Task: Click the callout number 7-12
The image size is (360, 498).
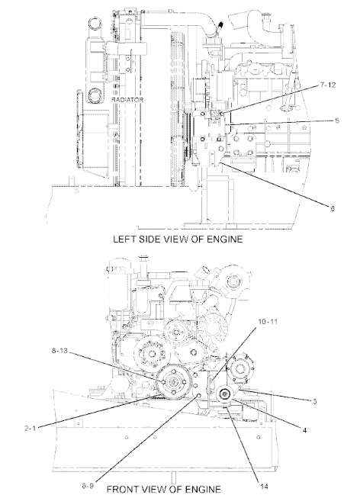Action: pos(328,85)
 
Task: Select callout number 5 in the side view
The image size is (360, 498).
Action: pos(337,120)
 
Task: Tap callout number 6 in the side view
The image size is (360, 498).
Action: pos(333,208)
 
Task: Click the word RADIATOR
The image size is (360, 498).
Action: pos(127,99)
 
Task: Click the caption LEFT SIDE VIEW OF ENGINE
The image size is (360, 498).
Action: pos(178,239)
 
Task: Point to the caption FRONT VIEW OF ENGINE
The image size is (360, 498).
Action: pos(163,489)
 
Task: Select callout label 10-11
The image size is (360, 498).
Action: pos(268,322)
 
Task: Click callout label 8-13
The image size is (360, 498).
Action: pos(59,351)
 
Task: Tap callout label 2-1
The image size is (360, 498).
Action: pos(31,428)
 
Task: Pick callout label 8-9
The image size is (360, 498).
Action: pos(88,486)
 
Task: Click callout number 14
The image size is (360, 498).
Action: pos(265,487)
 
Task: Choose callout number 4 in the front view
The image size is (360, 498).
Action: pos(304,430)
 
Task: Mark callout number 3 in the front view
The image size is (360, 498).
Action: pos(314,401)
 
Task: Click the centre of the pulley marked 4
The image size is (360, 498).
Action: pos(225,395)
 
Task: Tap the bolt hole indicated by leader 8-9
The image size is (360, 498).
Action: pos(199,396)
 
